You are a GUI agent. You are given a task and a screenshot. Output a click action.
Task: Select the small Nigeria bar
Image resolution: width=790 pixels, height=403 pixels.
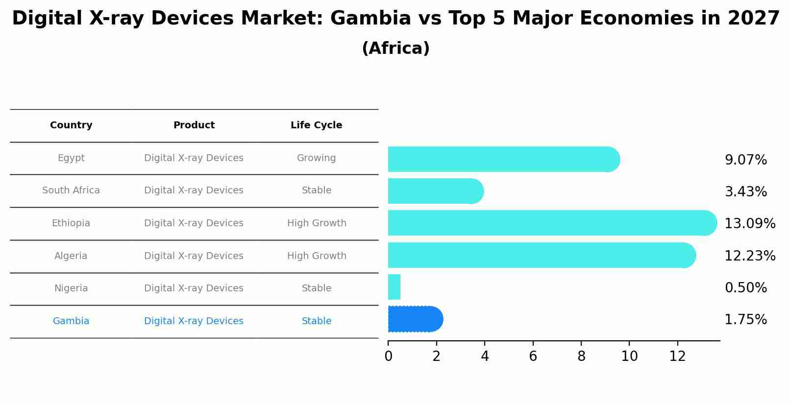394,287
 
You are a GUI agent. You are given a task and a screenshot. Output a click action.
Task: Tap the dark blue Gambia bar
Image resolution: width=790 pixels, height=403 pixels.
415,319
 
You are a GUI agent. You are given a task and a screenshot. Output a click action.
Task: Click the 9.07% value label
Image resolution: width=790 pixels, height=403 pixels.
745,160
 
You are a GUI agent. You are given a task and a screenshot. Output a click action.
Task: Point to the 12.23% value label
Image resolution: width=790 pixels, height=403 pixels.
749,256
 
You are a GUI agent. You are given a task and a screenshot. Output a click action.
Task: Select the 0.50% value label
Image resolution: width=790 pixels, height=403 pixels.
745,287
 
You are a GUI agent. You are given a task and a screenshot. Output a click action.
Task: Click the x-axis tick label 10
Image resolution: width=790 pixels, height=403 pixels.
629,356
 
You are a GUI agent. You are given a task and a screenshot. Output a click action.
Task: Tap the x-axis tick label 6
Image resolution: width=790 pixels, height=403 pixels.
533,356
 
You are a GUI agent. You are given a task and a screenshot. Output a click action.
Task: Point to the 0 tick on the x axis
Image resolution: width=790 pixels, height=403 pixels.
388,356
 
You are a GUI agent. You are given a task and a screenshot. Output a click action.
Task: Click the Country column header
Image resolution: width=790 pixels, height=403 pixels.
71,125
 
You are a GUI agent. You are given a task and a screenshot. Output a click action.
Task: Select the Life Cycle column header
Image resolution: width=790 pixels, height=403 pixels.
316,125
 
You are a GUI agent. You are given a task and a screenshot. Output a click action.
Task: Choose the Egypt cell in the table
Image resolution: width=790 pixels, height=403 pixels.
71,158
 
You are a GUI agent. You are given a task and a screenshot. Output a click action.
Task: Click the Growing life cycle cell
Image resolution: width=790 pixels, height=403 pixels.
316,158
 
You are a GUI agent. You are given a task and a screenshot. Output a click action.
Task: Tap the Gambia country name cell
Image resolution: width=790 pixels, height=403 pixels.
71,321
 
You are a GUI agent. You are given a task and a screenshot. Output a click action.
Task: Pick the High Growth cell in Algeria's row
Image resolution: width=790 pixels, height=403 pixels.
317,256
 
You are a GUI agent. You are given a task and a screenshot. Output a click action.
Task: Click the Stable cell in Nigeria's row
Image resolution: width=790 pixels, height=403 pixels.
317,288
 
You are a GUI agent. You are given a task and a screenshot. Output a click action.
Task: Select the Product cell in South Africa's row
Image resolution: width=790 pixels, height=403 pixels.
194,190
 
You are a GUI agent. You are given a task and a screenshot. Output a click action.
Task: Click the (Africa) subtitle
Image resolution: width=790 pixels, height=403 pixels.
395,48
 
